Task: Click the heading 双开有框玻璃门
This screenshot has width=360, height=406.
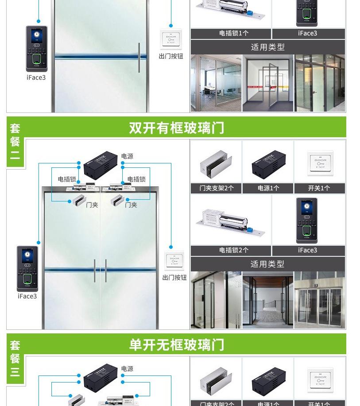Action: [176, 128]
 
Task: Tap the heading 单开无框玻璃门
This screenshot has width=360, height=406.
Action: [176, 344]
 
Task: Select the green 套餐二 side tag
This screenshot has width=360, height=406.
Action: [15, 142]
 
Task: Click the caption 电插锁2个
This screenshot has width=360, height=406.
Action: [234, 250]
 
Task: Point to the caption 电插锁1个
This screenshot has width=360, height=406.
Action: [234, 33]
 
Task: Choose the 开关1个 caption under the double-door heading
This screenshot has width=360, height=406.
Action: [319, 188]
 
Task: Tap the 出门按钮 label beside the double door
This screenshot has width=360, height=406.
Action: [174, 278]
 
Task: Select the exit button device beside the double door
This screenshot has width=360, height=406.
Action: [174, 261]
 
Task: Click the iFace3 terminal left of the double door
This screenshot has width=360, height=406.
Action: [27, 268]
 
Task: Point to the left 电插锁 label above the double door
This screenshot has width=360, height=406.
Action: [67, 179]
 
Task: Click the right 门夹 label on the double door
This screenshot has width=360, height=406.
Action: [131, 205]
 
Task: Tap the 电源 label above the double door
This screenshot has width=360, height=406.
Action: [127, 156]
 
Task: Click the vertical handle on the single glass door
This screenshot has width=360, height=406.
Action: [139, 58]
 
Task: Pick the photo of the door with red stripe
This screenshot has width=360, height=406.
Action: [267, 83]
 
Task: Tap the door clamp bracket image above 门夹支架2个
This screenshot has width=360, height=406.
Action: [216, 164]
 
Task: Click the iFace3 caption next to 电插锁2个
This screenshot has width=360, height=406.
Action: [307, 250]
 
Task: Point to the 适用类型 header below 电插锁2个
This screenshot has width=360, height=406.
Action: [267, 264]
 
